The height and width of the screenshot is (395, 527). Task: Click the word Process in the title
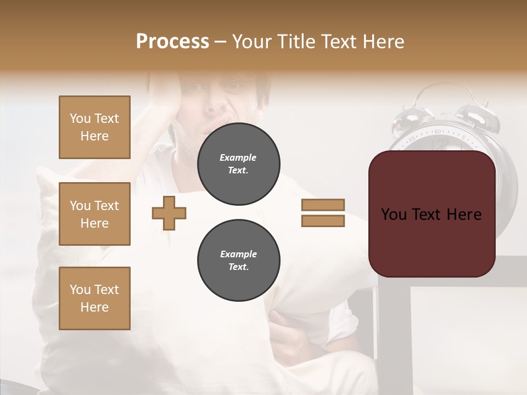click(x=172, y=42)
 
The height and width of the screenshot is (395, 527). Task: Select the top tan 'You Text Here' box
click(x=94, y=127)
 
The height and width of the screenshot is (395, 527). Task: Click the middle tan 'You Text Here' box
click(x=94, y=214)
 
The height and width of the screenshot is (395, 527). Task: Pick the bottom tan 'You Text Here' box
click(x=94, y=298)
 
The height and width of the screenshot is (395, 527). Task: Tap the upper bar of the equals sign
click(x=323, y=205)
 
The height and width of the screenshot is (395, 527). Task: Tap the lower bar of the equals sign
click(x=323, y=221)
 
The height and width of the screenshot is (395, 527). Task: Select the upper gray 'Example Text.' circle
click(x=238, y=164)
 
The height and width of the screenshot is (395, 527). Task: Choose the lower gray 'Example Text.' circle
click(x=238, y=261)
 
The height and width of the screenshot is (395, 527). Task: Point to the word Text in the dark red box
click(x=430, y=215)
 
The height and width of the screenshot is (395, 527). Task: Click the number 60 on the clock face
click(x=438, y=132)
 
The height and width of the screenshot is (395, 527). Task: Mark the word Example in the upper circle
click(x=238, y=157)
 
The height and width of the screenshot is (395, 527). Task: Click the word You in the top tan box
click(x=80, y=119)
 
